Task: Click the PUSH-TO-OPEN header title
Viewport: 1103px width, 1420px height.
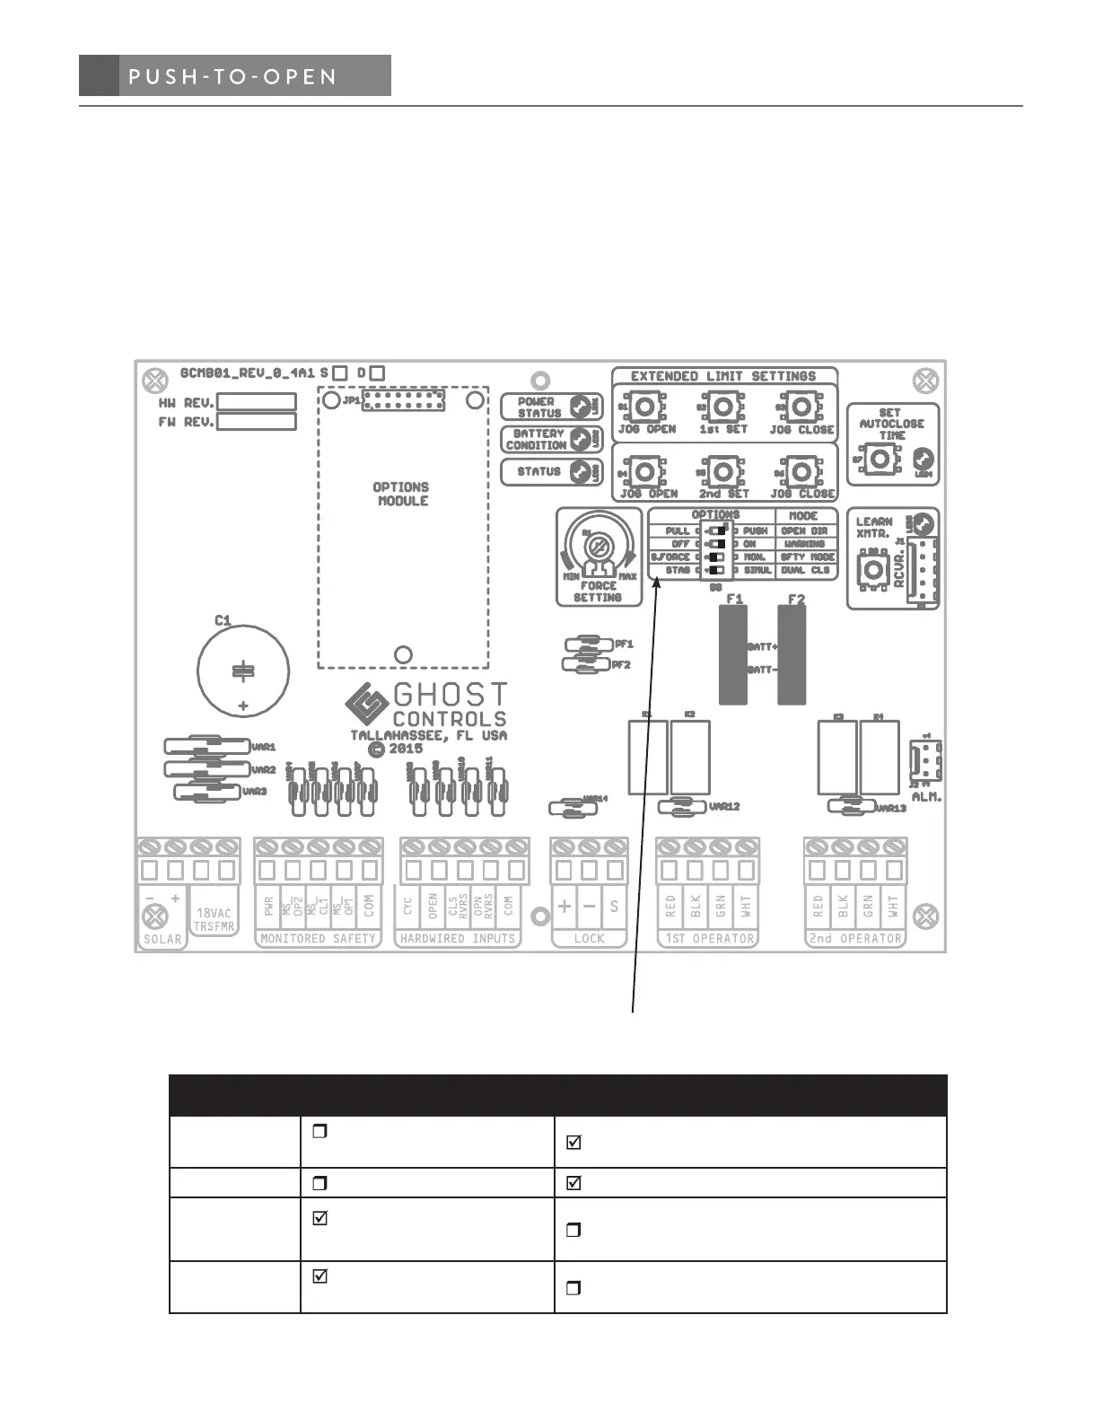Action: pos(232,76)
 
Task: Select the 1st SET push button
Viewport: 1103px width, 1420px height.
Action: pos(722,408)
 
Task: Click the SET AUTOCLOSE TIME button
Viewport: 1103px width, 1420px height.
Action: pos(880,460)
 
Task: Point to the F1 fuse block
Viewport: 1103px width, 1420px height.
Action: pos(732,655)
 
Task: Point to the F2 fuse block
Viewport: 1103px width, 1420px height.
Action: pos(792,655)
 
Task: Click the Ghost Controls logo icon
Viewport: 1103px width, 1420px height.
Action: pos(366,706)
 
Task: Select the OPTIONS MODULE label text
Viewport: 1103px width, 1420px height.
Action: pos(401,494)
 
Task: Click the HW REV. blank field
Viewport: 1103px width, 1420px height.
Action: pos(257,402)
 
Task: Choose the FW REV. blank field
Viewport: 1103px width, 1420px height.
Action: pos(257,422)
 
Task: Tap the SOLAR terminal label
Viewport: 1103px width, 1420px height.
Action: pos(162,940)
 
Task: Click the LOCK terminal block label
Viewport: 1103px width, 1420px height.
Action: pos(589,939)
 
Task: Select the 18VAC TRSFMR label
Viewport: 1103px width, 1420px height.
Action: pos(214,919)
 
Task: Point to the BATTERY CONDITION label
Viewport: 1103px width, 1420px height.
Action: pos(537,439)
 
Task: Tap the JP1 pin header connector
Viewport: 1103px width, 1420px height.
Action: pos(403,400)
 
